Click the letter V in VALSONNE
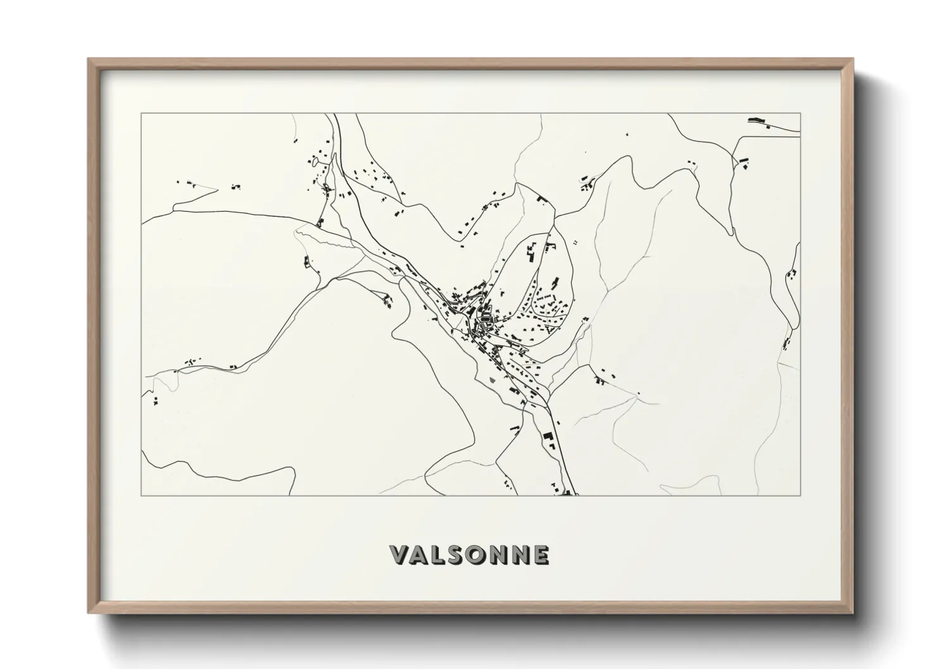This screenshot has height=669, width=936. (x=400, y=555)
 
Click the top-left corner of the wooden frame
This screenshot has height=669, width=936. (x=89, y=59)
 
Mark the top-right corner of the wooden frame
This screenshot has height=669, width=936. (x=853, y=59)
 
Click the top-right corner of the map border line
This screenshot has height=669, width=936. (x=801, y=114)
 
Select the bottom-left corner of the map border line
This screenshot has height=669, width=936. (x=142, y=495)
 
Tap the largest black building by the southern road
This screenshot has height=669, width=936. (x=546, y=436)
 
